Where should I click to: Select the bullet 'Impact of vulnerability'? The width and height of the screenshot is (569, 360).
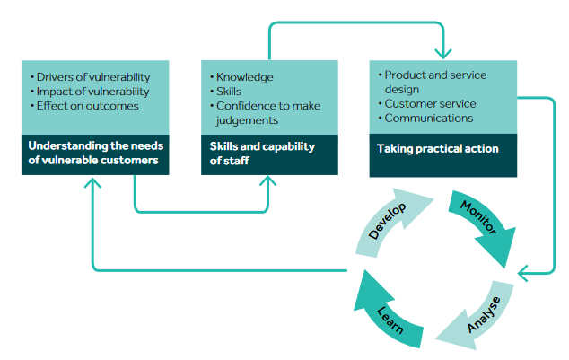coord(92,91)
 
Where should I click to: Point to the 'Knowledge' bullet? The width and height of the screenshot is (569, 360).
coord(243,77)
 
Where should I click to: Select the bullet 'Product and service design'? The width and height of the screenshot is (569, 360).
coord(430,82)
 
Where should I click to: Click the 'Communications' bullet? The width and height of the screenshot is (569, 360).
coord(427,118)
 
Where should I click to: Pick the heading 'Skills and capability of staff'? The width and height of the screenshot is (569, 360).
coord(262,154)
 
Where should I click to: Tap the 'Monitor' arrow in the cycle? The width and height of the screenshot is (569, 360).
coord(482,225)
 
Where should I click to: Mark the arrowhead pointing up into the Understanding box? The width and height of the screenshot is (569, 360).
coord(91,182)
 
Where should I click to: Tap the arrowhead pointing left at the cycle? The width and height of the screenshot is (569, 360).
coord(527,269)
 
